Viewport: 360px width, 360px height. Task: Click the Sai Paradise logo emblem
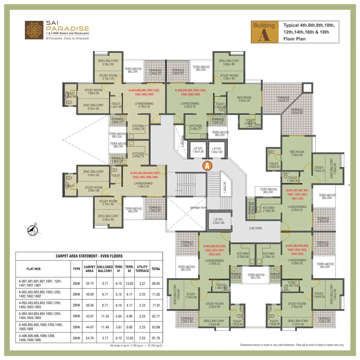tap(34, 30)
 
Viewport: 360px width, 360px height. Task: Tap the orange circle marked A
tap(207, 166)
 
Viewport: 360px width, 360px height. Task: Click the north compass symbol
tap(32, 230)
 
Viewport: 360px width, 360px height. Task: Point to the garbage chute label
tap(198, 208)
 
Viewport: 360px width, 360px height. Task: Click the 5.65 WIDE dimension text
tap(256, 228)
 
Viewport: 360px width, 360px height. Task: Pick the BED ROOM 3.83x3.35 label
tap(244, 99)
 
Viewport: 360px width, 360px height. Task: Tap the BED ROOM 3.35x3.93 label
tap(297, 153)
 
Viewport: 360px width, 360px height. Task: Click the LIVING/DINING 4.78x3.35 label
tap(144, 105)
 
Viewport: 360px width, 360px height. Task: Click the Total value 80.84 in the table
tap(156, 283)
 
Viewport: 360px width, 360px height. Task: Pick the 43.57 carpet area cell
tap(90, 316)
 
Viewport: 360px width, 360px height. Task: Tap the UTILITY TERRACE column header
tap(142, 269)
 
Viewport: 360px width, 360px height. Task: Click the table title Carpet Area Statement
tap(89, 256)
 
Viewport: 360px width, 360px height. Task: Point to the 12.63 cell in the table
tap(129, 338)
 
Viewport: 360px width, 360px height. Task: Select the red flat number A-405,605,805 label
tap(144, 92)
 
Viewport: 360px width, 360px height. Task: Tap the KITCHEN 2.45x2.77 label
tap(196, 127)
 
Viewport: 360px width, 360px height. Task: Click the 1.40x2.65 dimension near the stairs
tap(224, 187)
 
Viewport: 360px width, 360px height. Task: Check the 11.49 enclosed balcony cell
tap(105, 327)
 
